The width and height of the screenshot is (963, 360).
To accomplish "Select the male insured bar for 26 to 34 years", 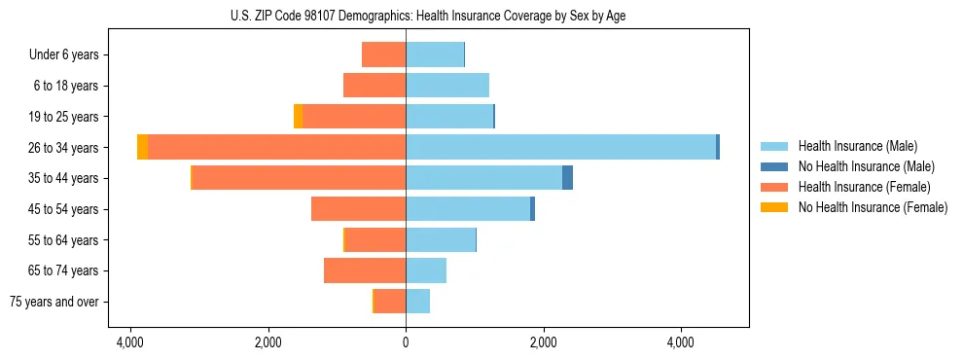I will tap(560, 147).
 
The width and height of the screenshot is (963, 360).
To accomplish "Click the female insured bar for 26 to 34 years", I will tap(276, 147).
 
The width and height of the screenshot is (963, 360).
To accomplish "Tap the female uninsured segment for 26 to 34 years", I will tap(142, 147).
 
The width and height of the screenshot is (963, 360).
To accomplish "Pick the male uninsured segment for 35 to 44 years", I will tap(567, 178).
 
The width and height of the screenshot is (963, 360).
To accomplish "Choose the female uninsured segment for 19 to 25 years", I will tap(298, 117).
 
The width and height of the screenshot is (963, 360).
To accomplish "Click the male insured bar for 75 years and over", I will tap(417, 302).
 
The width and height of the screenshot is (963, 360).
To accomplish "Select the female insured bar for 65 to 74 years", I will tap(365, 270).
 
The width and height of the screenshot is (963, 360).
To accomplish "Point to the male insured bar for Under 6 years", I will tap(435, 54).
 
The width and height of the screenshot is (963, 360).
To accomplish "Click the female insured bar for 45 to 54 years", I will tap(358, 209).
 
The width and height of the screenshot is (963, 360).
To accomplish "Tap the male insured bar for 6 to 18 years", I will tap(447, 86).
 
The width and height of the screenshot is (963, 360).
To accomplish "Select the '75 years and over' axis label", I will tap(53, 302).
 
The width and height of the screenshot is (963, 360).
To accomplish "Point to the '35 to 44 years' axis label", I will tap(66, 178).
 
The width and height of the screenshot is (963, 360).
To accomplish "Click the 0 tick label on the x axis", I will tap(406, 342).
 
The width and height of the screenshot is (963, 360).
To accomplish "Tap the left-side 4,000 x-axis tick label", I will tap(130, 342).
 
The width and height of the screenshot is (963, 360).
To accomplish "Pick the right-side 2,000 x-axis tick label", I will tap(543, 342).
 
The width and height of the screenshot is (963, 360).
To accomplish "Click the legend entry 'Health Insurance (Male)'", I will tap(858, 146).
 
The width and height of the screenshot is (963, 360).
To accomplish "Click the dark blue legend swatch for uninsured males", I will tap(774, 166).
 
